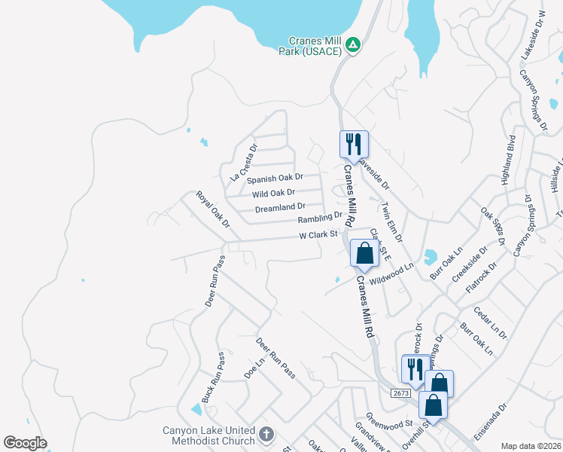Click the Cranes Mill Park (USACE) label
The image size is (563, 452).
[x=316, y=46]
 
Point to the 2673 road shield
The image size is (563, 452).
[x=401, y=392]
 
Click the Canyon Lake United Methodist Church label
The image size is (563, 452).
[x=209, y=436]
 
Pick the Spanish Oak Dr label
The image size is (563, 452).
[x=275, y=179]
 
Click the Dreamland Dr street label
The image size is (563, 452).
[x=280, y=207]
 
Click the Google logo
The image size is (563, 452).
[x=25, y=443]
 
